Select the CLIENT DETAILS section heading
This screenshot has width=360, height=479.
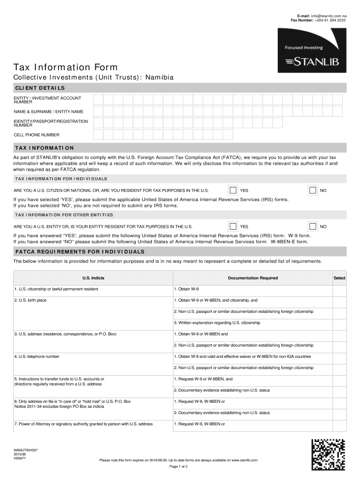tap(40, 88)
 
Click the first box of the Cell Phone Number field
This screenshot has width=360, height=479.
tap(98, 135)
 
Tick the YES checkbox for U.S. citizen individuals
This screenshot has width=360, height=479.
tap(233, 190)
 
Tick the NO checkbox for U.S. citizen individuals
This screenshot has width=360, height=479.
tap(312, 190)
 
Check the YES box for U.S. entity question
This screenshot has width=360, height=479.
tap(233, 226)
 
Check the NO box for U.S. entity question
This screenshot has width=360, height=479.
tap(312, 226)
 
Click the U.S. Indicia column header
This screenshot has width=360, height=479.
tap(93, 278)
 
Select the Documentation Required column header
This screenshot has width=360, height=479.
tap(252, 278)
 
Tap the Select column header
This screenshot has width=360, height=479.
tap(339, 278)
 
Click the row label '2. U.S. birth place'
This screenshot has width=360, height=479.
tap(30, 300)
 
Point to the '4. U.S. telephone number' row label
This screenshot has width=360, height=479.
tap(36, 356)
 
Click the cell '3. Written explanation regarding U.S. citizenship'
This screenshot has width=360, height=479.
tap(217, 323)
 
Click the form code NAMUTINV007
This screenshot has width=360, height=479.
tap(26, 450)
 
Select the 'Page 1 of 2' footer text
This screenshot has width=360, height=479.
tap(178, 467)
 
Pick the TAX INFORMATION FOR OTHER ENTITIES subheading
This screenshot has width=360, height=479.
tap(64, 215)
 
